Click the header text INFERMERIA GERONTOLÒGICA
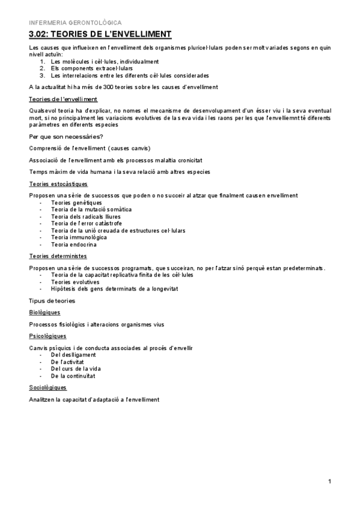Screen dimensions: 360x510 click(70, 22)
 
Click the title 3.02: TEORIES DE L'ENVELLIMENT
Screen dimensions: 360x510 click(100, 34)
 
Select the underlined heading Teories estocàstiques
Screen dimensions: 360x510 click(58, 184)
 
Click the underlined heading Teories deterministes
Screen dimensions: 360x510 click(58, 256)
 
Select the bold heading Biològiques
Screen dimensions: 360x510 click(44, 313)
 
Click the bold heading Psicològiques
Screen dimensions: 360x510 click(47, 336)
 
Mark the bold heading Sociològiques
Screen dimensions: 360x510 click(47, 388)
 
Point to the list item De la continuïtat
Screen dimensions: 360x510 click(74, 376)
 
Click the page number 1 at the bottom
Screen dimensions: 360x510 click(330, 482)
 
